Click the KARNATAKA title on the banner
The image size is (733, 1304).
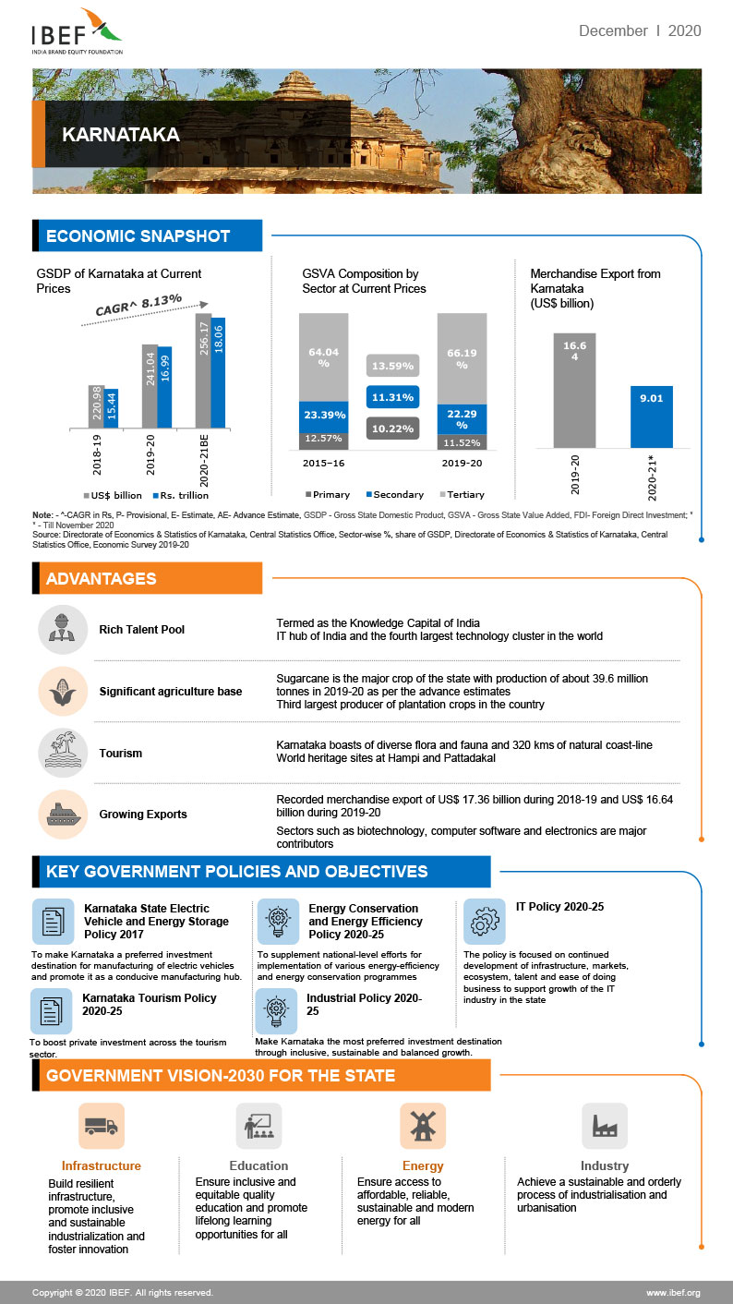120,135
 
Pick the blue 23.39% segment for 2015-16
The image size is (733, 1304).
323,417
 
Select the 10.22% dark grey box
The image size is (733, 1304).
392,429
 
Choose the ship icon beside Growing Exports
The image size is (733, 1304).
62,815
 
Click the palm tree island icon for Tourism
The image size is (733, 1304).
62,753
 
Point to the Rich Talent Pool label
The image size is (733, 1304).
141,630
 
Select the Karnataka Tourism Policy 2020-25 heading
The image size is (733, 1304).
150,1004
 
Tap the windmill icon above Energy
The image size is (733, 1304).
423,1126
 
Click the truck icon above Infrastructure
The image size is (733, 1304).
101,1126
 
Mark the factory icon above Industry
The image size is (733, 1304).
605,1126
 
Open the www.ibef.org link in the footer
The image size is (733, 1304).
672,1292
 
